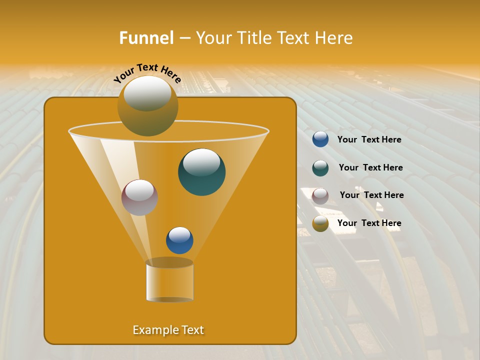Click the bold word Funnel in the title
point(146,38)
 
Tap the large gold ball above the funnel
point(147,106)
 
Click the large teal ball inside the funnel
point(202,172)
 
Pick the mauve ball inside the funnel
point(139,197)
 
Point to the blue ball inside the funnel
point(179,240)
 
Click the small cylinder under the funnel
point(169,281)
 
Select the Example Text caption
point(168,330)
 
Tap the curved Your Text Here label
point(147,73)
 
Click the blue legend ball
point(320,139)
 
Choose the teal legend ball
point(320,167)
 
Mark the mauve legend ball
point(320,195)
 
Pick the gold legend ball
point(320,223)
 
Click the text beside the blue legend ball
point(369,139)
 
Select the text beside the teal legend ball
point(370,167)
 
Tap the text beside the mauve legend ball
point(371,195)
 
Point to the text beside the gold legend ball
point(369,223)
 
